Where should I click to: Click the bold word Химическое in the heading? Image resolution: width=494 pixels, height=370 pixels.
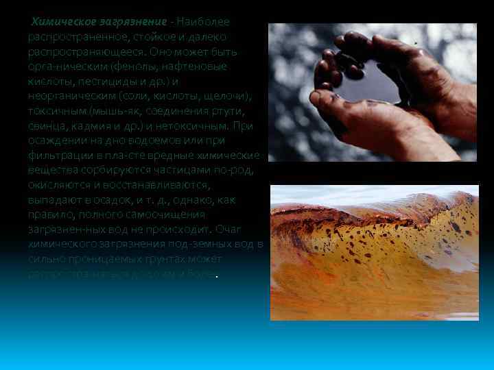[x=61, y=22]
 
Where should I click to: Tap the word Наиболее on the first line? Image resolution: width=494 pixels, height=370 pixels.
[x=207, y=22]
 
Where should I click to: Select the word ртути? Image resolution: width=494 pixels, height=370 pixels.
[x=229, y=112]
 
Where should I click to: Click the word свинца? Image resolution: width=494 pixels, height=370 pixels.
[x=46, y=127]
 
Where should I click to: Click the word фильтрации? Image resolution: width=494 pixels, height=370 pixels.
[x=58, y=156]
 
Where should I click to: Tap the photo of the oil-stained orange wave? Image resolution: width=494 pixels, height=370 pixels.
[x=374, y=254]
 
